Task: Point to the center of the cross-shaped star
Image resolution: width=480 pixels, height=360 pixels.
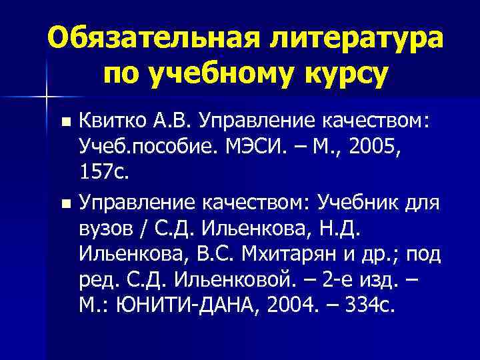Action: point(46,97)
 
